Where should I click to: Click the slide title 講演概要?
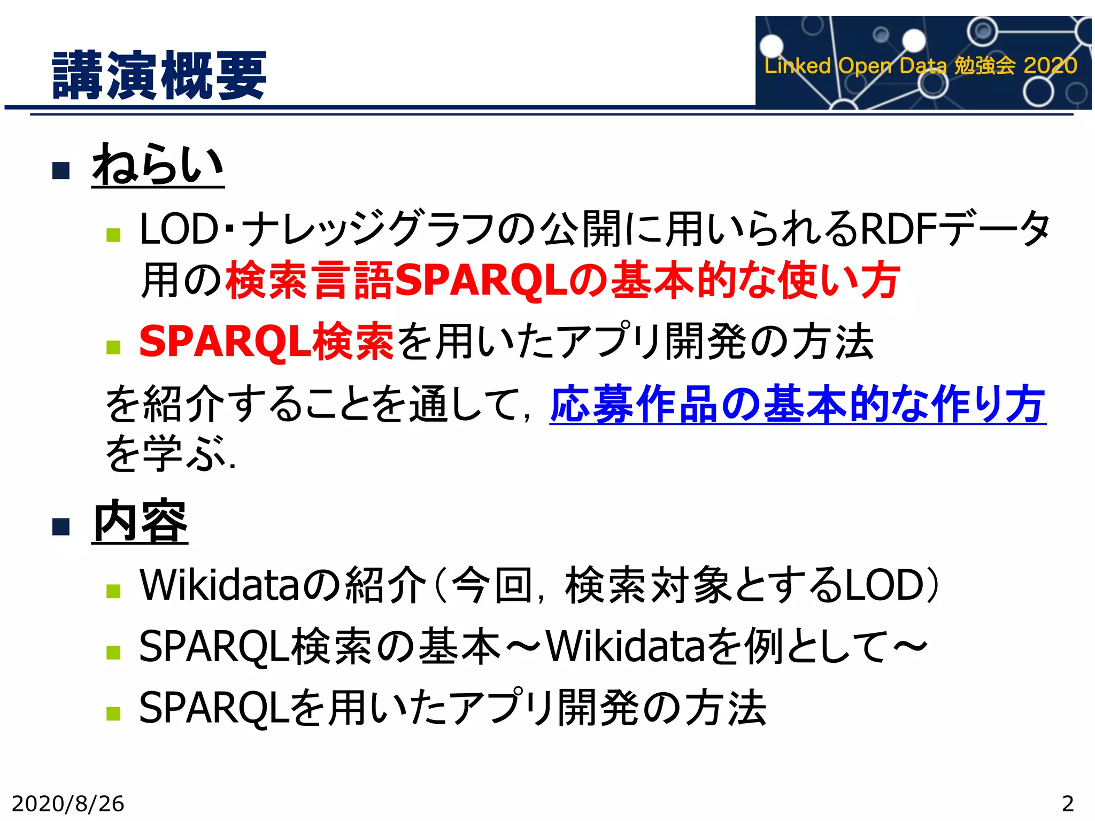tap(159, 75)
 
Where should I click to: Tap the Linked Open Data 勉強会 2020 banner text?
tap(920, 66)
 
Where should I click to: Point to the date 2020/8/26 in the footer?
tap(68, 803)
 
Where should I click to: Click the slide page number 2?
tap(1067, 803)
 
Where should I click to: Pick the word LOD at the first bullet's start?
tap(179, 229)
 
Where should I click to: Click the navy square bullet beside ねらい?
tap(61, 171)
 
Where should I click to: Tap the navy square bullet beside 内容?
tap(61, 527)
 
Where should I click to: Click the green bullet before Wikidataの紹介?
tap(113, 590)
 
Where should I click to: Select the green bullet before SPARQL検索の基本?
tap(113, 652)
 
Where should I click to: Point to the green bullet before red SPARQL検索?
tap(113, 347)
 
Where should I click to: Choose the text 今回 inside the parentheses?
tap(492, 585)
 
